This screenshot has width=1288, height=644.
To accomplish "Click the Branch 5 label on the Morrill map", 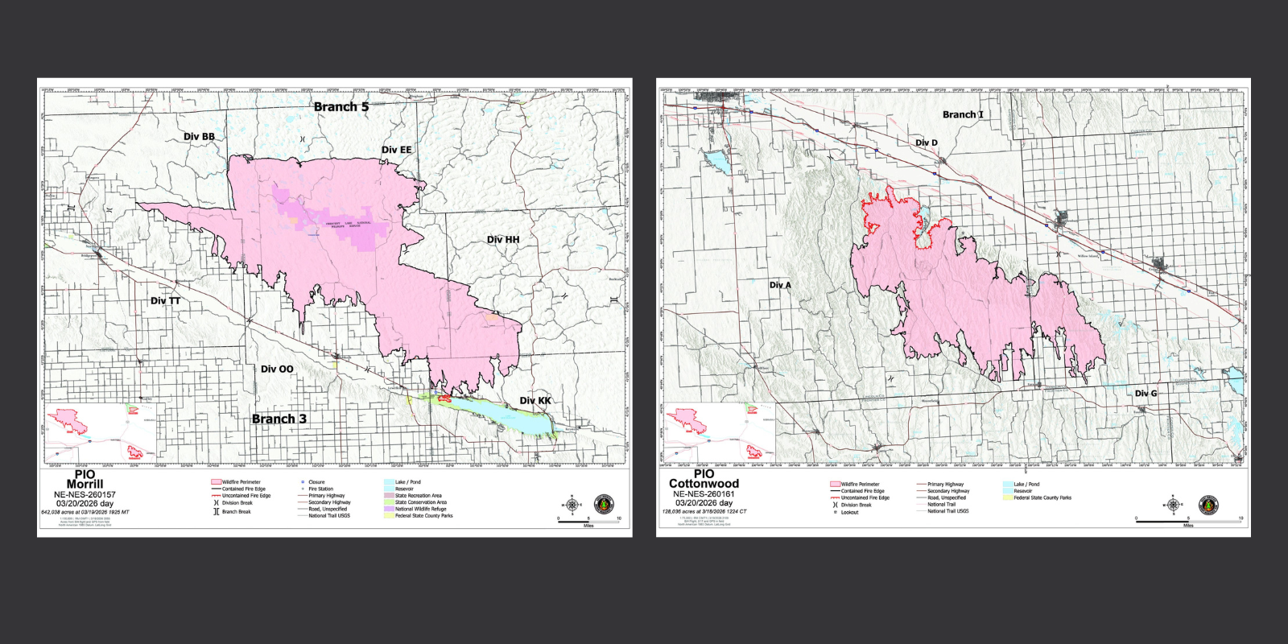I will click(341, 106).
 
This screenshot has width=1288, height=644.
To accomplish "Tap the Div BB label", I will click(199, 136).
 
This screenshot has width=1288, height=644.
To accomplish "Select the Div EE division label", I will click(396, 150).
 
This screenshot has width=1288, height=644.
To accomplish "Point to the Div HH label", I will click(503, 239).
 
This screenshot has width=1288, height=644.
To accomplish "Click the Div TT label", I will click(166, 300).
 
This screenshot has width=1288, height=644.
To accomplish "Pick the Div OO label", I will click(277, 369).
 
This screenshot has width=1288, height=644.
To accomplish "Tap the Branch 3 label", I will click(279, 419).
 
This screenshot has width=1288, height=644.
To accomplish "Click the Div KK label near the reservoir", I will click(535, 400).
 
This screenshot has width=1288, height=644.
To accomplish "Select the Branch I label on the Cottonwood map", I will click(963, 114).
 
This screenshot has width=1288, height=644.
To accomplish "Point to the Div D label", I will click(927, 142).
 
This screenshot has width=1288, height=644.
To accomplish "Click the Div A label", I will click(780, 285).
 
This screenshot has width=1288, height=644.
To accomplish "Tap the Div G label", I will click(1146, 393).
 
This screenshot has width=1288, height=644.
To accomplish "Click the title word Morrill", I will click(85, 485).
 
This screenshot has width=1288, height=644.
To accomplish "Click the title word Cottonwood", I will click(704, 484).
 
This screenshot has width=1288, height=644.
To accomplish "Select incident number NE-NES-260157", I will click(85, 494).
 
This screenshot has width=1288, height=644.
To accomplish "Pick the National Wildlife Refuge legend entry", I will click(420, 509).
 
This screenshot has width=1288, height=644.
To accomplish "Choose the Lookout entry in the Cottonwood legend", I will click(849, 512).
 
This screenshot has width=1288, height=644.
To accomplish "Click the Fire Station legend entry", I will click(320, 489).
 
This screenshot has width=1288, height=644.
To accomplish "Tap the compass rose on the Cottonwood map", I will click(1174, 505).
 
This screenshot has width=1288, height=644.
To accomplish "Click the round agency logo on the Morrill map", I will click(603, 505).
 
